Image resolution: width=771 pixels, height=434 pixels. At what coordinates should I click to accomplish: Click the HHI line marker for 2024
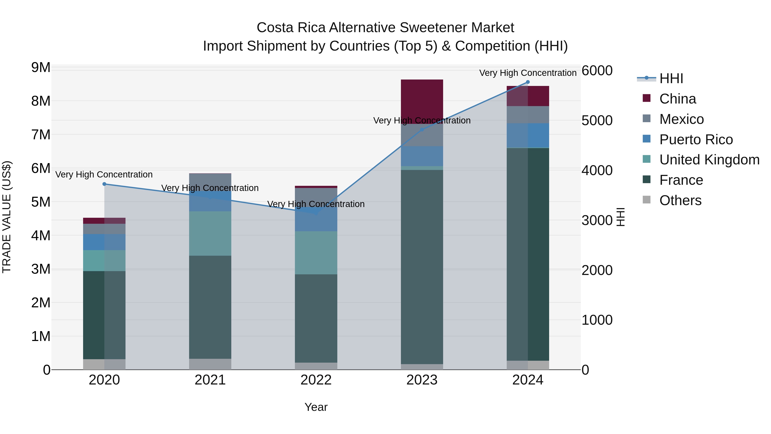[x=528, y=82]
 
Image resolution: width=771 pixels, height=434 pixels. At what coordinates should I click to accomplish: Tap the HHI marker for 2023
[x=422, y=129]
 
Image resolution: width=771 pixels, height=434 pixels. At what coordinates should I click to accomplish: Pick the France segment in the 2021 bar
[x=210, y=307]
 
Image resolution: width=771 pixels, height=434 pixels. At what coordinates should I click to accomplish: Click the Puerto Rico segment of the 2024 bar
[x=528, y=135]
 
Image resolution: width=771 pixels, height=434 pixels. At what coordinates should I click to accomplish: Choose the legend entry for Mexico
[x=681, y=119]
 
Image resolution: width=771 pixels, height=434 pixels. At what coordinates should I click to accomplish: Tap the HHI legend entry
[x=671, y=78]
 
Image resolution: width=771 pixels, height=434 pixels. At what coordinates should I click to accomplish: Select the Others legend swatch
[x=647, y=200]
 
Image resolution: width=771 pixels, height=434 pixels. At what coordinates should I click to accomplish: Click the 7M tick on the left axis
[x=41, y=134]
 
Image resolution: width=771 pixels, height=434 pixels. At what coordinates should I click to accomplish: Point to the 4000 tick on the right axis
[x=597, y=170]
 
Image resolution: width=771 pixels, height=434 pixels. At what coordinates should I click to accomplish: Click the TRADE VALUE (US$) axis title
[x=7, y=217]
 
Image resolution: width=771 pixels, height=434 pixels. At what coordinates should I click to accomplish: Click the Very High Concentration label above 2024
[x=528, y=73]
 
